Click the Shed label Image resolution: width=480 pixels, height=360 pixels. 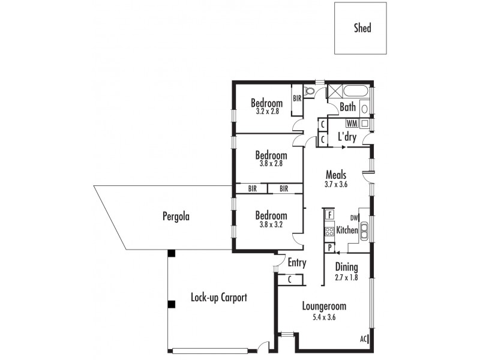pos(362,28)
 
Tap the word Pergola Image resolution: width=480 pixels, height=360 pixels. pos(176,216)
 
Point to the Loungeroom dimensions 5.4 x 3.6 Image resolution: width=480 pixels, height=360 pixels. pos(324,317)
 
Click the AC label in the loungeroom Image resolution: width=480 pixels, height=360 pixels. pos(364,339)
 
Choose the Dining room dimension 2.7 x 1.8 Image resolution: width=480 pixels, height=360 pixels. pos(346,277)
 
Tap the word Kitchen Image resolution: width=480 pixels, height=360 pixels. pos(347,230)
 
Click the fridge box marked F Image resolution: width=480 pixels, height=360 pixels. pos(329,214)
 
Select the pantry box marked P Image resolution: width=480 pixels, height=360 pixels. pos(329,247)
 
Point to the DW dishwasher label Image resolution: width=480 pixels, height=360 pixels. pos(354,218)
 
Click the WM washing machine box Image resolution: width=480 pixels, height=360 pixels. pos(352,123)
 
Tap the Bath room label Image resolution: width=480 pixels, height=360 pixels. pos(348,108)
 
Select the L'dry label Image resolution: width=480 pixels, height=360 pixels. pos(347,137)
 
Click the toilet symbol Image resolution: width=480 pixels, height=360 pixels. pos(309,92)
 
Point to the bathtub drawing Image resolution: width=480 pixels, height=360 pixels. pos(355,92)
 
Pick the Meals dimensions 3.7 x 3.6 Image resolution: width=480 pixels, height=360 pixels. pos(336,185)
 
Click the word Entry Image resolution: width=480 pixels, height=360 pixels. pos(296,263)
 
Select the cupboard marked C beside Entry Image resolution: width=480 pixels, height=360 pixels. pos(290,278)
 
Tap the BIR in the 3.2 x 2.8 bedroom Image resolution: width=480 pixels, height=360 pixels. pos(296,99)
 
